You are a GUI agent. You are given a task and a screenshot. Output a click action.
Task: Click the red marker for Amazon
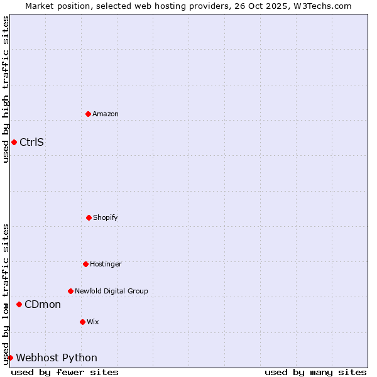coord(88,114)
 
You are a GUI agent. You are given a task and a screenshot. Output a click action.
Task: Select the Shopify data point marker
coord(89,217)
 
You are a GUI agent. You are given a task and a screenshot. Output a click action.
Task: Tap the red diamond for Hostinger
coord(85,264)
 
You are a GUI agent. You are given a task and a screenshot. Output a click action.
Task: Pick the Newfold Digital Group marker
coord(70,291)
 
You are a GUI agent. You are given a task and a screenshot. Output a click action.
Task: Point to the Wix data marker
coord(82,322)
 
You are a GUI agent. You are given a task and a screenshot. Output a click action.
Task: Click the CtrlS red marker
coord(14,142)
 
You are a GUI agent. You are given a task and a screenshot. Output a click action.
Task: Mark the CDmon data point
coord(19,304)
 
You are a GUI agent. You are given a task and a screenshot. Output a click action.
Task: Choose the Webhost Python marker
coord(10,358)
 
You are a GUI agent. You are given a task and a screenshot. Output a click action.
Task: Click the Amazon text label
coord(106,114)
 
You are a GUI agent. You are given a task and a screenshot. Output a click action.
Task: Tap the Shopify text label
coord(106,217)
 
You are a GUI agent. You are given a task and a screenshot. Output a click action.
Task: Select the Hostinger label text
coord(106,264)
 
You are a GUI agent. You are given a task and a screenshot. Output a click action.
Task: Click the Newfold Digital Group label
coord(111,291)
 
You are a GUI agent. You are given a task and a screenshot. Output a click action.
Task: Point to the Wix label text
coord(93,322)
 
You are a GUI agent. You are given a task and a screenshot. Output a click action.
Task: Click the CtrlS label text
coord(31,142)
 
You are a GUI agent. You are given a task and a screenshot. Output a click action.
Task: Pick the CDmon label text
coord(43,305)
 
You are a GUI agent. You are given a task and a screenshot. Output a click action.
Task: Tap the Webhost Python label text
coord(57,358)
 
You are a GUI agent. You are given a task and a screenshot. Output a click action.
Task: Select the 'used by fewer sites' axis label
coord(65,372)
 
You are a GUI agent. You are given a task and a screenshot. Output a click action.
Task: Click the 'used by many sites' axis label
coord(315,372)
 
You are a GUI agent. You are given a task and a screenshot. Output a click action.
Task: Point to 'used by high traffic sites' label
coord(6,89)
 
